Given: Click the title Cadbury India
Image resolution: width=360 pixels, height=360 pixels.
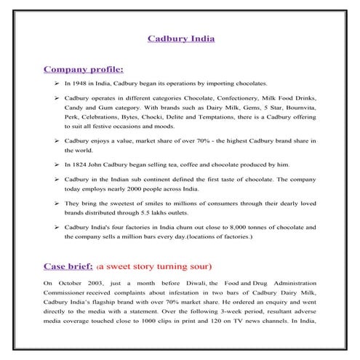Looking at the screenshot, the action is pyautogui.click(x=181, y=36).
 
